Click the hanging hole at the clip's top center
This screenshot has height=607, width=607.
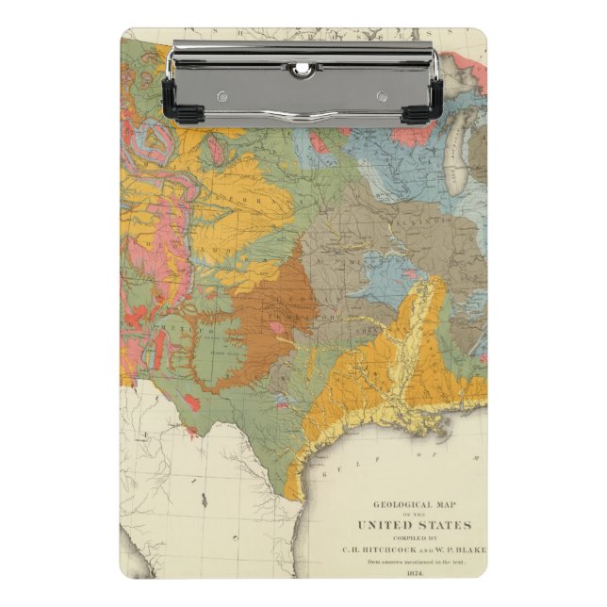click(x=302, y=68)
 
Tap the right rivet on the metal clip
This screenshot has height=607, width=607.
click(x=383, y=95)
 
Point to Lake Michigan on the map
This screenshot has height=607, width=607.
click(x=454, y=170)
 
